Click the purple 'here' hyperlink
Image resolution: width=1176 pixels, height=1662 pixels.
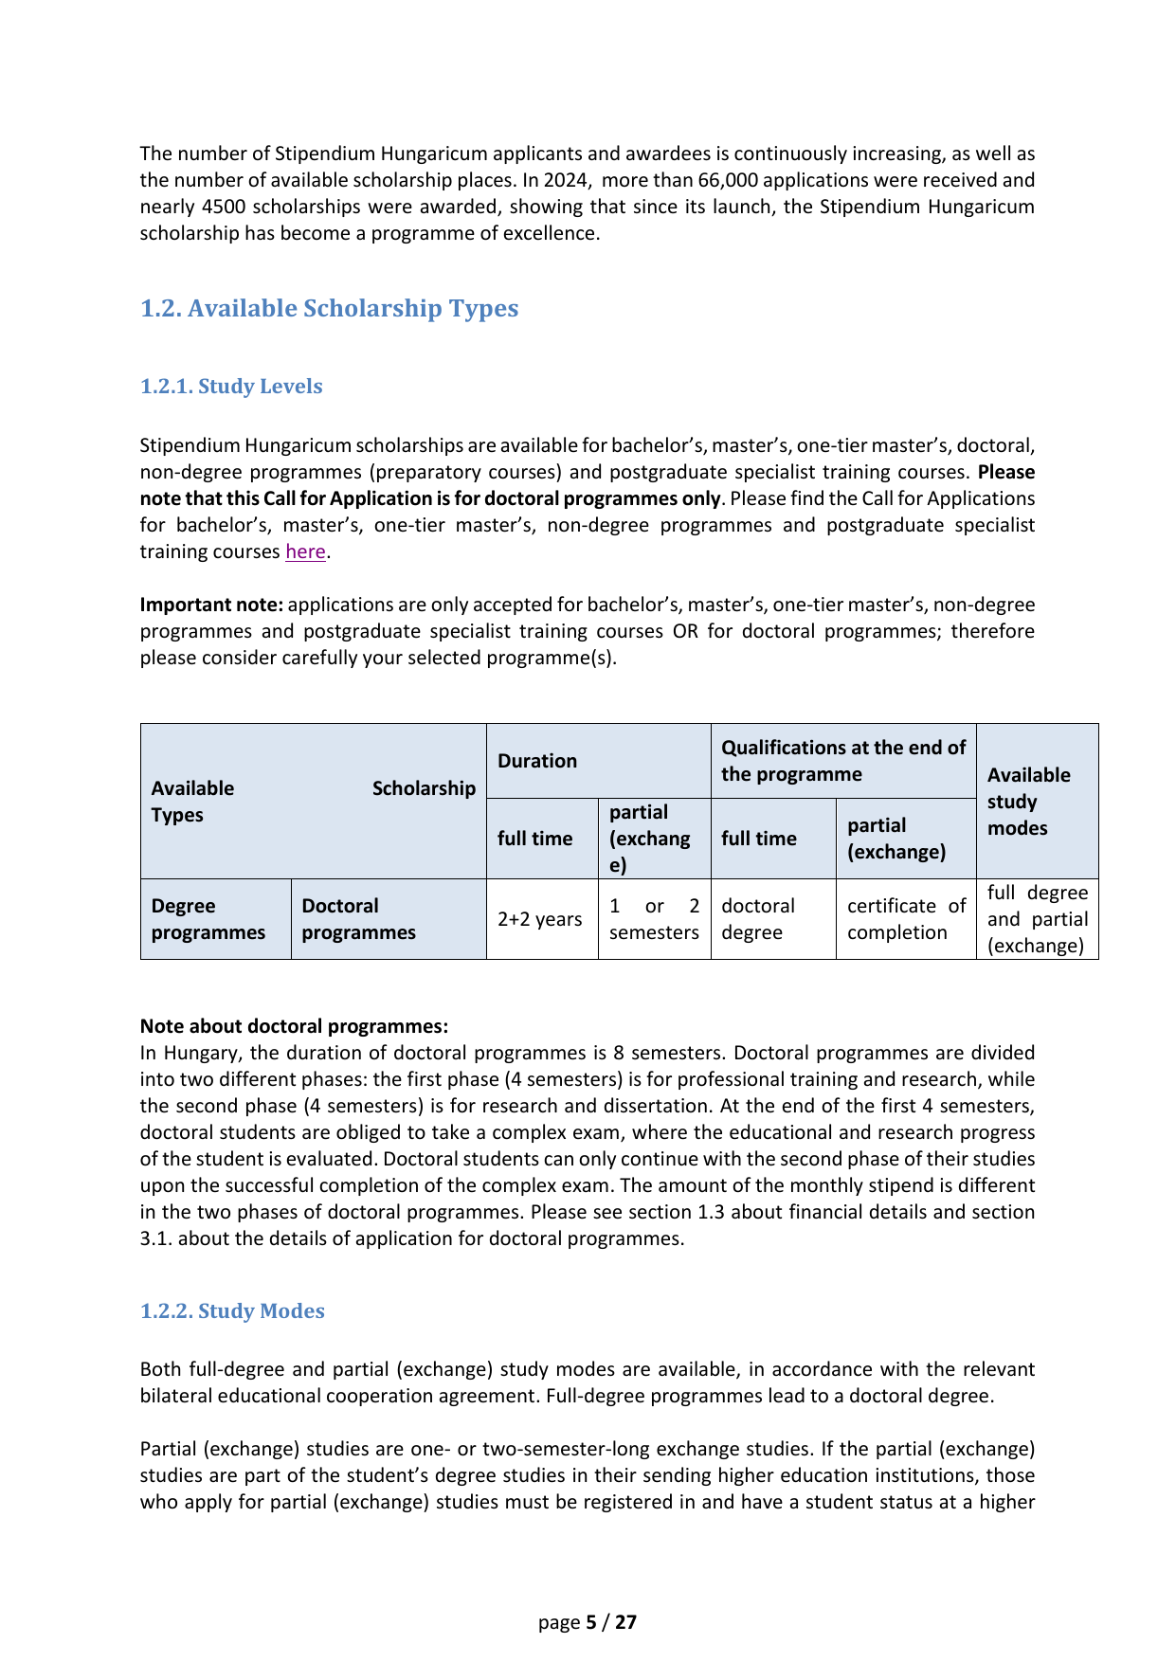coord(305,551)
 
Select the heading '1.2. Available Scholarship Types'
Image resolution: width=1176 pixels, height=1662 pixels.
coord(329,309)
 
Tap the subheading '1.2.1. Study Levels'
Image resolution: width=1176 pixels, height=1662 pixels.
coord(231,387)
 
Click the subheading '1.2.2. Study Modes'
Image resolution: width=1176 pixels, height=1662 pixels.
coord(232,1311)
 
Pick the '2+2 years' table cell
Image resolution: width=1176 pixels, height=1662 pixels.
coord(540,919)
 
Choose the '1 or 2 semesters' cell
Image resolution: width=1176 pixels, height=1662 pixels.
coord(654,919)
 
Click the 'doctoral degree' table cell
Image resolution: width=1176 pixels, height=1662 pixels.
coord(758,919)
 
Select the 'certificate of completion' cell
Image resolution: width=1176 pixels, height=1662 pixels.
coord(906,919)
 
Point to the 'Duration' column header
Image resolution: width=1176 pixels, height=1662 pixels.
coord(537,761)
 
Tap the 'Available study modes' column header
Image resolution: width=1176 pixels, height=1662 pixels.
coord(1028,802)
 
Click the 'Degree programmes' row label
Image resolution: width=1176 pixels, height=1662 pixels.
coord(208,919)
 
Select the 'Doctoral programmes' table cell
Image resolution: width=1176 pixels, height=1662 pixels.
coord(358,919)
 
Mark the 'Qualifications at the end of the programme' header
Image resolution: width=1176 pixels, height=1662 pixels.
coord(842,761)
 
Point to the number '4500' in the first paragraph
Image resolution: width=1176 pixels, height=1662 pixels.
coord(225,207)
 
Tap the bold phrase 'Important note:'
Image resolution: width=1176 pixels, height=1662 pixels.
coord(211,605)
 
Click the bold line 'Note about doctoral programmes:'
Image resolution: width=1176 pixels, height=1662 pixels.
coord(294,1026)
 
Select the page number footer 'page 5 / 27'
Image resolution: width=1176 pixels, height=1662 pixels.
coord(588,1622)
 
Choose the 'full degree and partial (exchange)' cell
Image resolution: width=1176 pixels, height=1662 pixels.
coord(1037,919)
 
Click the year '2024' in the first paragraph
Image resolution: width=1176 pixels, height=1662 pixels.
coord(565,180)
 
